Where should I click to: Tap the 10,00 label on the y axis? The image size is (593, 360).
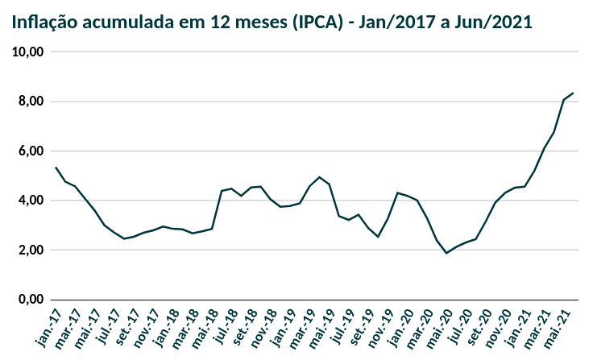(x=29, y=52)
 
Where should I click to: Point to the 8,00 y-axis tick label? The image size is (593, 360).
(x=31, y=101)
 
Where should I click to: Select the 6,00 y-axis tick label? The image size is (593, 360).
(x=31, y=151)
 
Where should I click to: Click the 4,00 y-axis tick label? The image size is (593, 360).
(x=31, y=201)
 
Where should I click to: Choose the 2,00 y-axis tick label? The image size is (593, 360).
(x=31, y=250)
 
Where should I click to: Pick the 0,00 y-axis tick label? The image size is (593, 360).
(x=31, y=300)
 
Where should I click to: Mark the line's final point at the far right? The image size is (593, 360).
(x=573, y=93)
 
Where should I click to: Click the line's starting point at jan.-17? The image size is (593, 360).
(x=56, y=168)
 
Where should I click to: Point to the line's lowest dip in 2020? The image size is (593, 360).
(x=446, y=253)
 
